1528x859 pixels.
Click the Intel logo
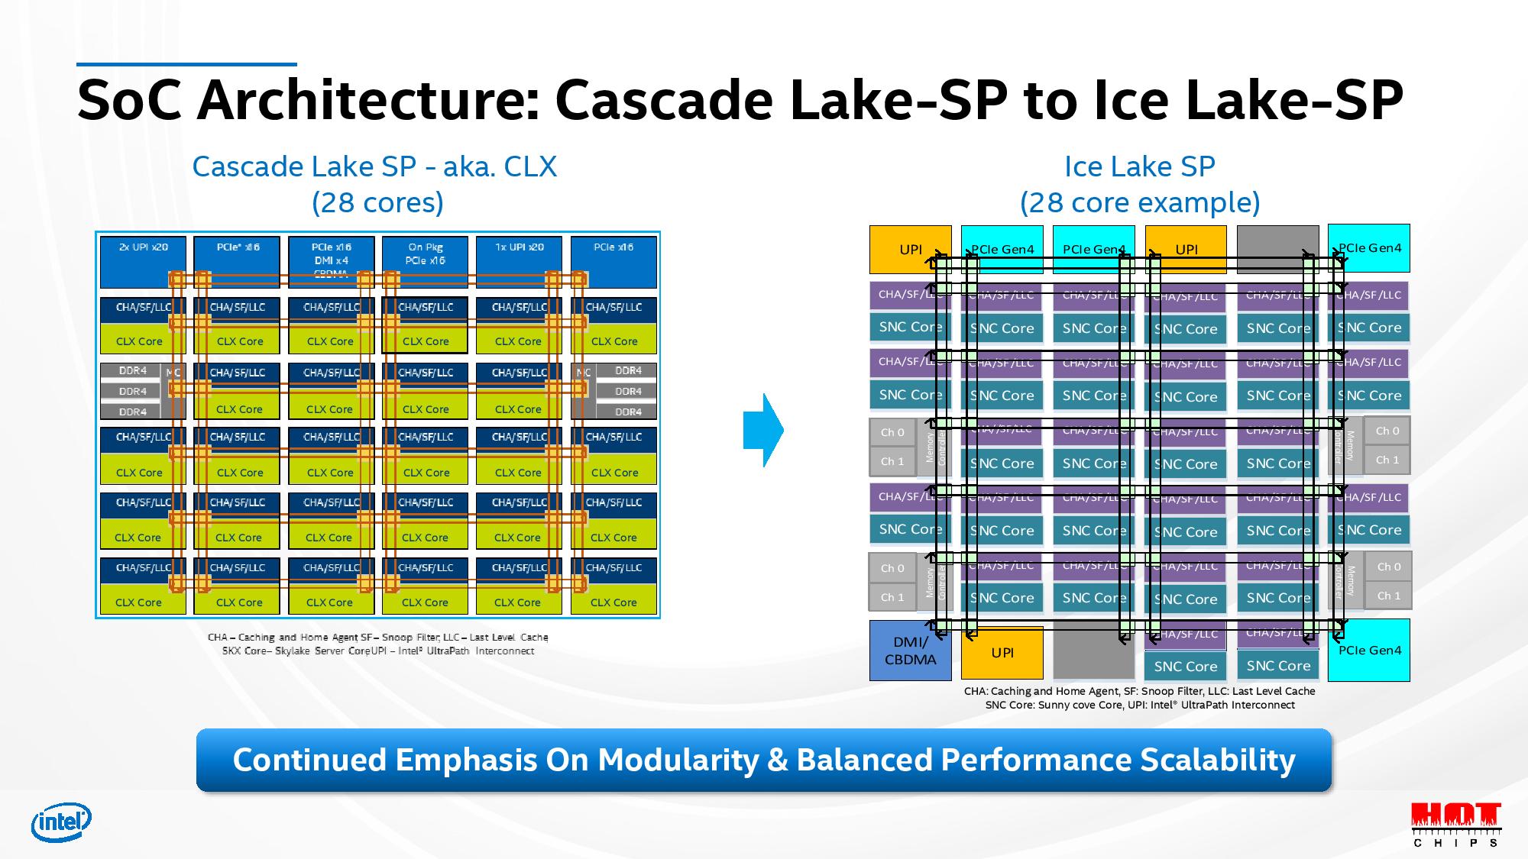pyautogui.click(x=61, y=822)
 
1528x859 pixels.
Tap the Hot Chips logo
pyautogui.click(x=1455, y=824)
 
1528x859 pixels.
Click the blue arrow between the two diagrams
pyautogui.click(x=763, y=430)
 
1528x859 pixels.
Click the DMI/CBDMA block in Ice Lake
pyautogui.click(x=910, y=651)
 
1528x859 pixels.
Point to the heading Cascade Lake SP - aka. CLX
pyautogui.click(x=374, y=166)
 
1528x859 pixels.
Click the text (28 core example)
pyautogui.click(x=1139, y=202)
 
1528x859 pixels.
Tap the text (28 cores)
pyautogui.click(x=377, y=202)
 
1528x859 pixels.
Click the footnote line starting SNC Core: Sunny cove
pyautogui.click(x=1139, y=705)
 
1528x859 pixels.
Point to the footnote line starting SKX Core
pyautogui.click(x=378, y=651)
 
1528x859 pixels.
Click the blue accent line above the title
pyautogui.click(x=186, y=64)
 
